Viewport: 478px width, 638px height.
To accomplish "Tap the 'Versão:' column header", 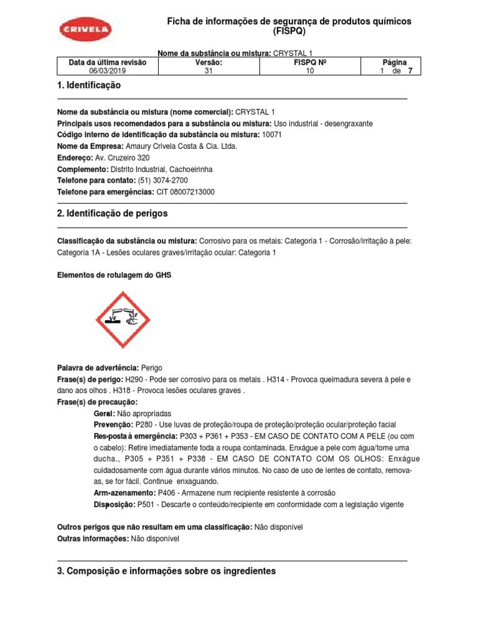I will pyautogui.click(x=209, y=62).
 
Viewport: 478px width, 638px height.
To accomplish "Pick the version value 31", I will pyautogui.click(x=209, y=71).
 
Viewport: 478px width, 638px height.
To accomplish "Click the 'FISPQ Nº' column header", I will pyautogui.click(x=310, y=62).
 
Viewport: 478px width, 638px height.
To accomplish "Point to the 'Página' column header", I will pyautogui.click(x=394, y=62).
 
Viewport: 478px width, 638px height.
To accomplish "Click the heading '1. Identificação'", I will pyautogui.click(x=89, y=85).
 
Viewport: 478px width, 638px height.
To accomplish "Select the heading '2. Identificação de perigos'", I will pyautogui.click(x=112, y=214).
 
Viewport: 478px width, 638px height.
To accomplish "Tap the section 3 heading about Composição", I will pyautogui.click(x=166, y=571).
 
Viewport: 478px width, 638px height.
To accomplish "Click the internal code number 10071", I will pyautogui.click(x=272, y=135).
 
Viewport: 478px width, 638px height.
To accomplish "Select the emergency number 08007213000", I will pyautogui.click(x=194, y=192).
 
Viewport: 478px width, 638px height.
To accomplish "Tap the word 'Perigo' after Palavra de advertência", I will pyautogui.click(x=152, y=368).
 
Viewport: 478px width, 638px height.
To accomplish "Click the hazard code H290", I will pyautogui.click(x=134, y=379).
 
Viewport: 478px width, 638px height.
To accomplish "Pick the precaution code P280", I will pyautogui.click(x=144, y=425).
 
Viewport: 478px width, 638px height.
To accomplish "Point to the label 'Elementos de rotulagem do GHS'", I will pyautogui.click(x=114, y=275).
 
